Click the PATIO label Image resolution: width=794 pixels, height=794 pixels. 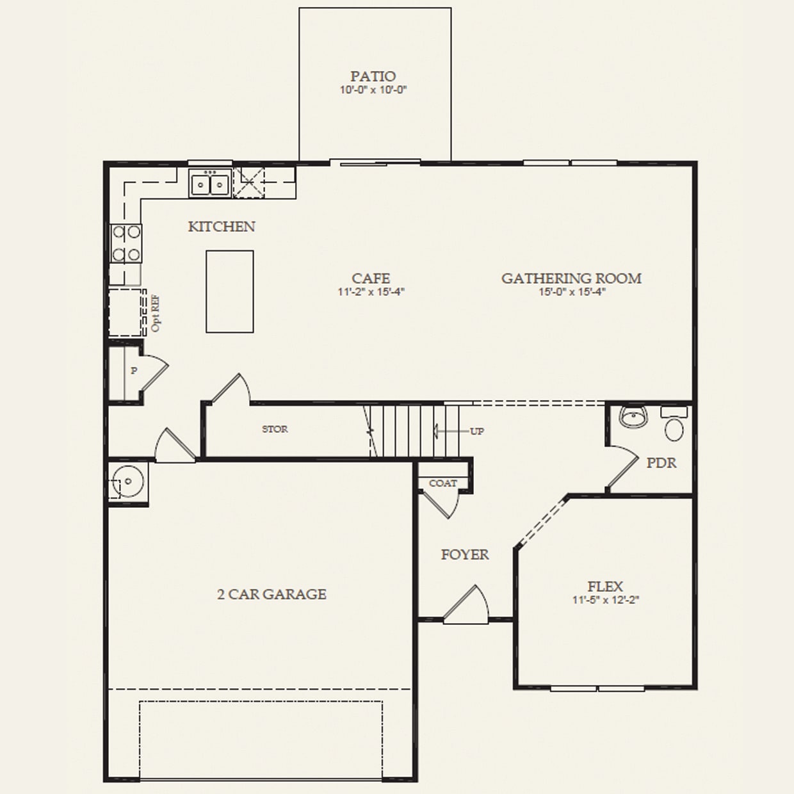coord(373,76)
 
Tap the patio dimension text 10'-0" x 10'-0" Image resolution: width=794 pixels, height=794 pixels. coord(373,90)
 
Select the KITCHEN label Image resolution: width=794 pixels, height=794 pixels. coord(222,227)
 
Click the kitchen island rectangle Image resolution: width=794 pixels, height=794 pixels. coord(229,291)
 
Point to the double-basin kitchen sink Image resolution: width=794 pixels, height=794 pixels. coord(209,184)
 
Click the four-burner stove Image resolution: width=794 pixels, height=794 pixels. coord(126,243)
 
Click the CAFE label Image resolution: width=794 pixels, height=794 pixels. coord(371,278)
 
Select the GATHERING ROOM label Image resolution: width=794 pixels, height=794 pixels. coord(571,278)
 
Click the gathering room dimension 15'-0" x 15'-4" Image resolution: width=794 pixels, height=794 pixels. coord(572,292)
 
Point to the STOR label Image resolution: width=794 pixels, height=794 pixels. coord(275,429)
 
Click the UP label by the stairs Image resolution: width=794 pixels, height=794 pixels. coord(477,432)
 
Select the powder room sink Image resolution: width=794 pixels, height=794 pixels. coord(633,417)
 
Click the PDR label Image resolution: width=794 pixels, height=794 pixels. coord(661,463)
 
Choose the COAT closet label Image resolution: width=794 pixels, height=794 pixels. coord(443,483)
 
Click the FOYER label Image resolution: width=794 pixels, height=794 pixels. coord(465,555)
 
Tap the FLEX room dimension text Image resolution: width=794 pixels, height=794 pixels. coord(606,601)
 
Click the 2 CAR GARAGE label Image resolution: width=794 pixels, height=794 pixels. coord(271,594)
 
